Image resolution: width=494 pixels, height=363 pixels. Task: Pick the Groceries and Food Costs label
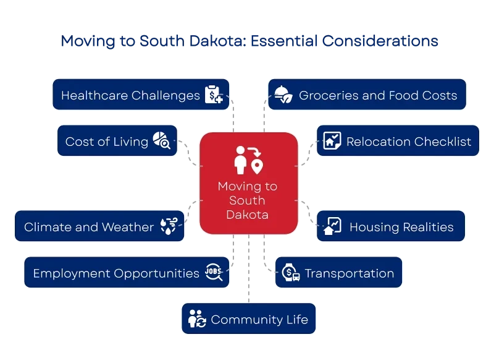pyautogui.click(x=378, y=95)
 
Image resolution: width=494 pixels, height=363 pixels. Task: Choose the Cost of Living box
pyautogui.click(x=117, y=142)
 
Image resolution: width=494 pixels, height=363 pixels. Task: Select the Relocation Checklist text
pyautogui.click(x=409, y=142)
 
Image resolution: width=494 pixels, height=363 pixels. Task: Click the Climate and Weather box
pyautogui.click(x=99, y=227)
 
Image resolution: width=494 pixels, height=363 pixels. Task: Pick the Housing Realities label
pyautogui.click(x=401, y=227)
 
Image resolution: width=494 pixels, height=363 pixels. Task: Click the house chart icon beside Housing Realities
pyautogui.click(x=332, y=226)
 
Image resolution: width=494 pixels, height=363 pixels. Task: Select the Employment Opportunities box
pyautogui.click(x=127, y=273)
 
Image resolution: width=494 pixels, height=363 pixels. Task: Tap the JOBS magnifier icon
pyautogui.click(x=214, y=273)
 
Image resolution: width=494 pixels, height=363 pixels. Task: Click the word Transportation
pyautogui.click(x=349, y=273)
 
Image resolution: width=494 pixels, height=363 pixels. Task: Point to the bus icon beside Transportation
pyautogui.click(x=290, y=273)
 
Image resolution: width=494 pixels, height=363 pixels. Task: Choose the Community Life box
pyautogui.click(x=248, y=320)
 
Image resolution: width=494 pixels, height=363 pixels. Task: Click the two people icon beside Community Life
pyautogui.click(x=197, y=320)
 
